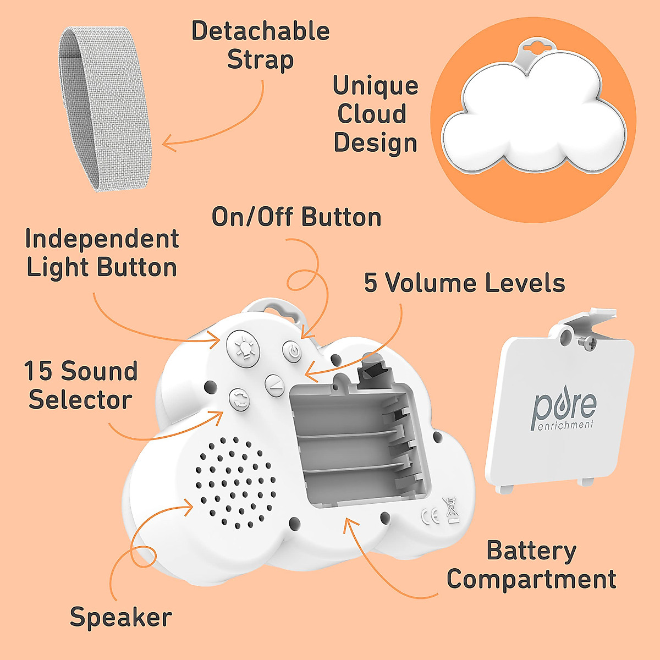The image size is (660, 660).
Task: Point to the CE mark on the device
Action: (x=430, y=515)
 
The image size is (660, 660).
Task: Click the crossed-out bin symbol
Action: (x=452, y=509)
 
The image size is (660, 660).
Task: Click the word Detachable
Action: (x=260, y=31)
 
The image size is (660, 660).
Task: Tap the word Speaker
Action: (x=121, y=618)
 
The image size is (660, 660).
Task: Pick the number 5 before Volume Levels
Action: (x=371, y=283)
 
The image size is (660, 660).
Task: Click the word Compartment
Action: (x=531, y=580)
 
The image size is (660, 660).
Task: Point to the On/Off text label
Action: (x=253, y=217)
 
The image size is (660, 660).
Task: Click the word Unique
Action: (x=376, y=86)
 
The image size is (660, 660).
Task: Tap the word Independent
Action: (x=102, y=239)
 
